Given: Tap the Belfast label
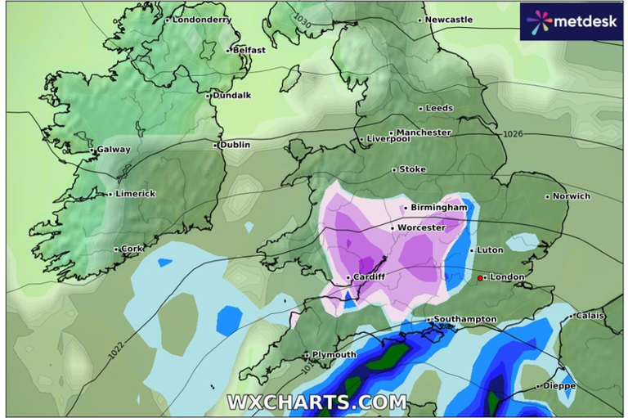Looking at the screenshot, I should (x=249, y=50).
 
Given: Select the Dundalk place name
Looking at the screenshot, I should (x=231, y=95).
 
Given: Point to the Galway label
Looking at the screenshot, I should (x=114, y=150).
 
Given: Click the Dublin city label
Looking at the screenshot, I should (x=235, y=145).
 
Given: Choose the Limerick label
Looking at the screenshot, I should (x=134, y=194).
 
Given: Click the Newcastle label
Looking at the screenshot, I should (x=449, y=20).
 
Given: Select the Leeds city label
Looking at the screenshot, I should (x=439, y=108).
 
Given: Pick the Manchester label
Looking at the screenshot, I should (x=424, y=132).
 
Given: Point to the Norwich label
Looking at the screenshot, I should (x=571, y=196).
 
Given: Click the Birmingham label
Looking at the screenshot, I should (x=439, y=208).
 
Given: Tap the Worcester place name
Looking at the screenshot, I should (x=421, y=227).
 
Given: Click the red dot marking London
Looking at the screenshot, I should (x=480, y=278).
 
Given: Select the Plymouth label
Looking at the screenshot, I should (x=334, y=355).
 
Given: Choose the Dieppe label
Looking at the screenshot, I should (x=560, y=385).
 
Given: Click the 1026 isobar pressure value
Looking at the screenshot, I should (x=514, y=134).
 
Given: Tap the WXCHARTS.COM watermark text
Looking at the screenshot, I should (x=316, y=402).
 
